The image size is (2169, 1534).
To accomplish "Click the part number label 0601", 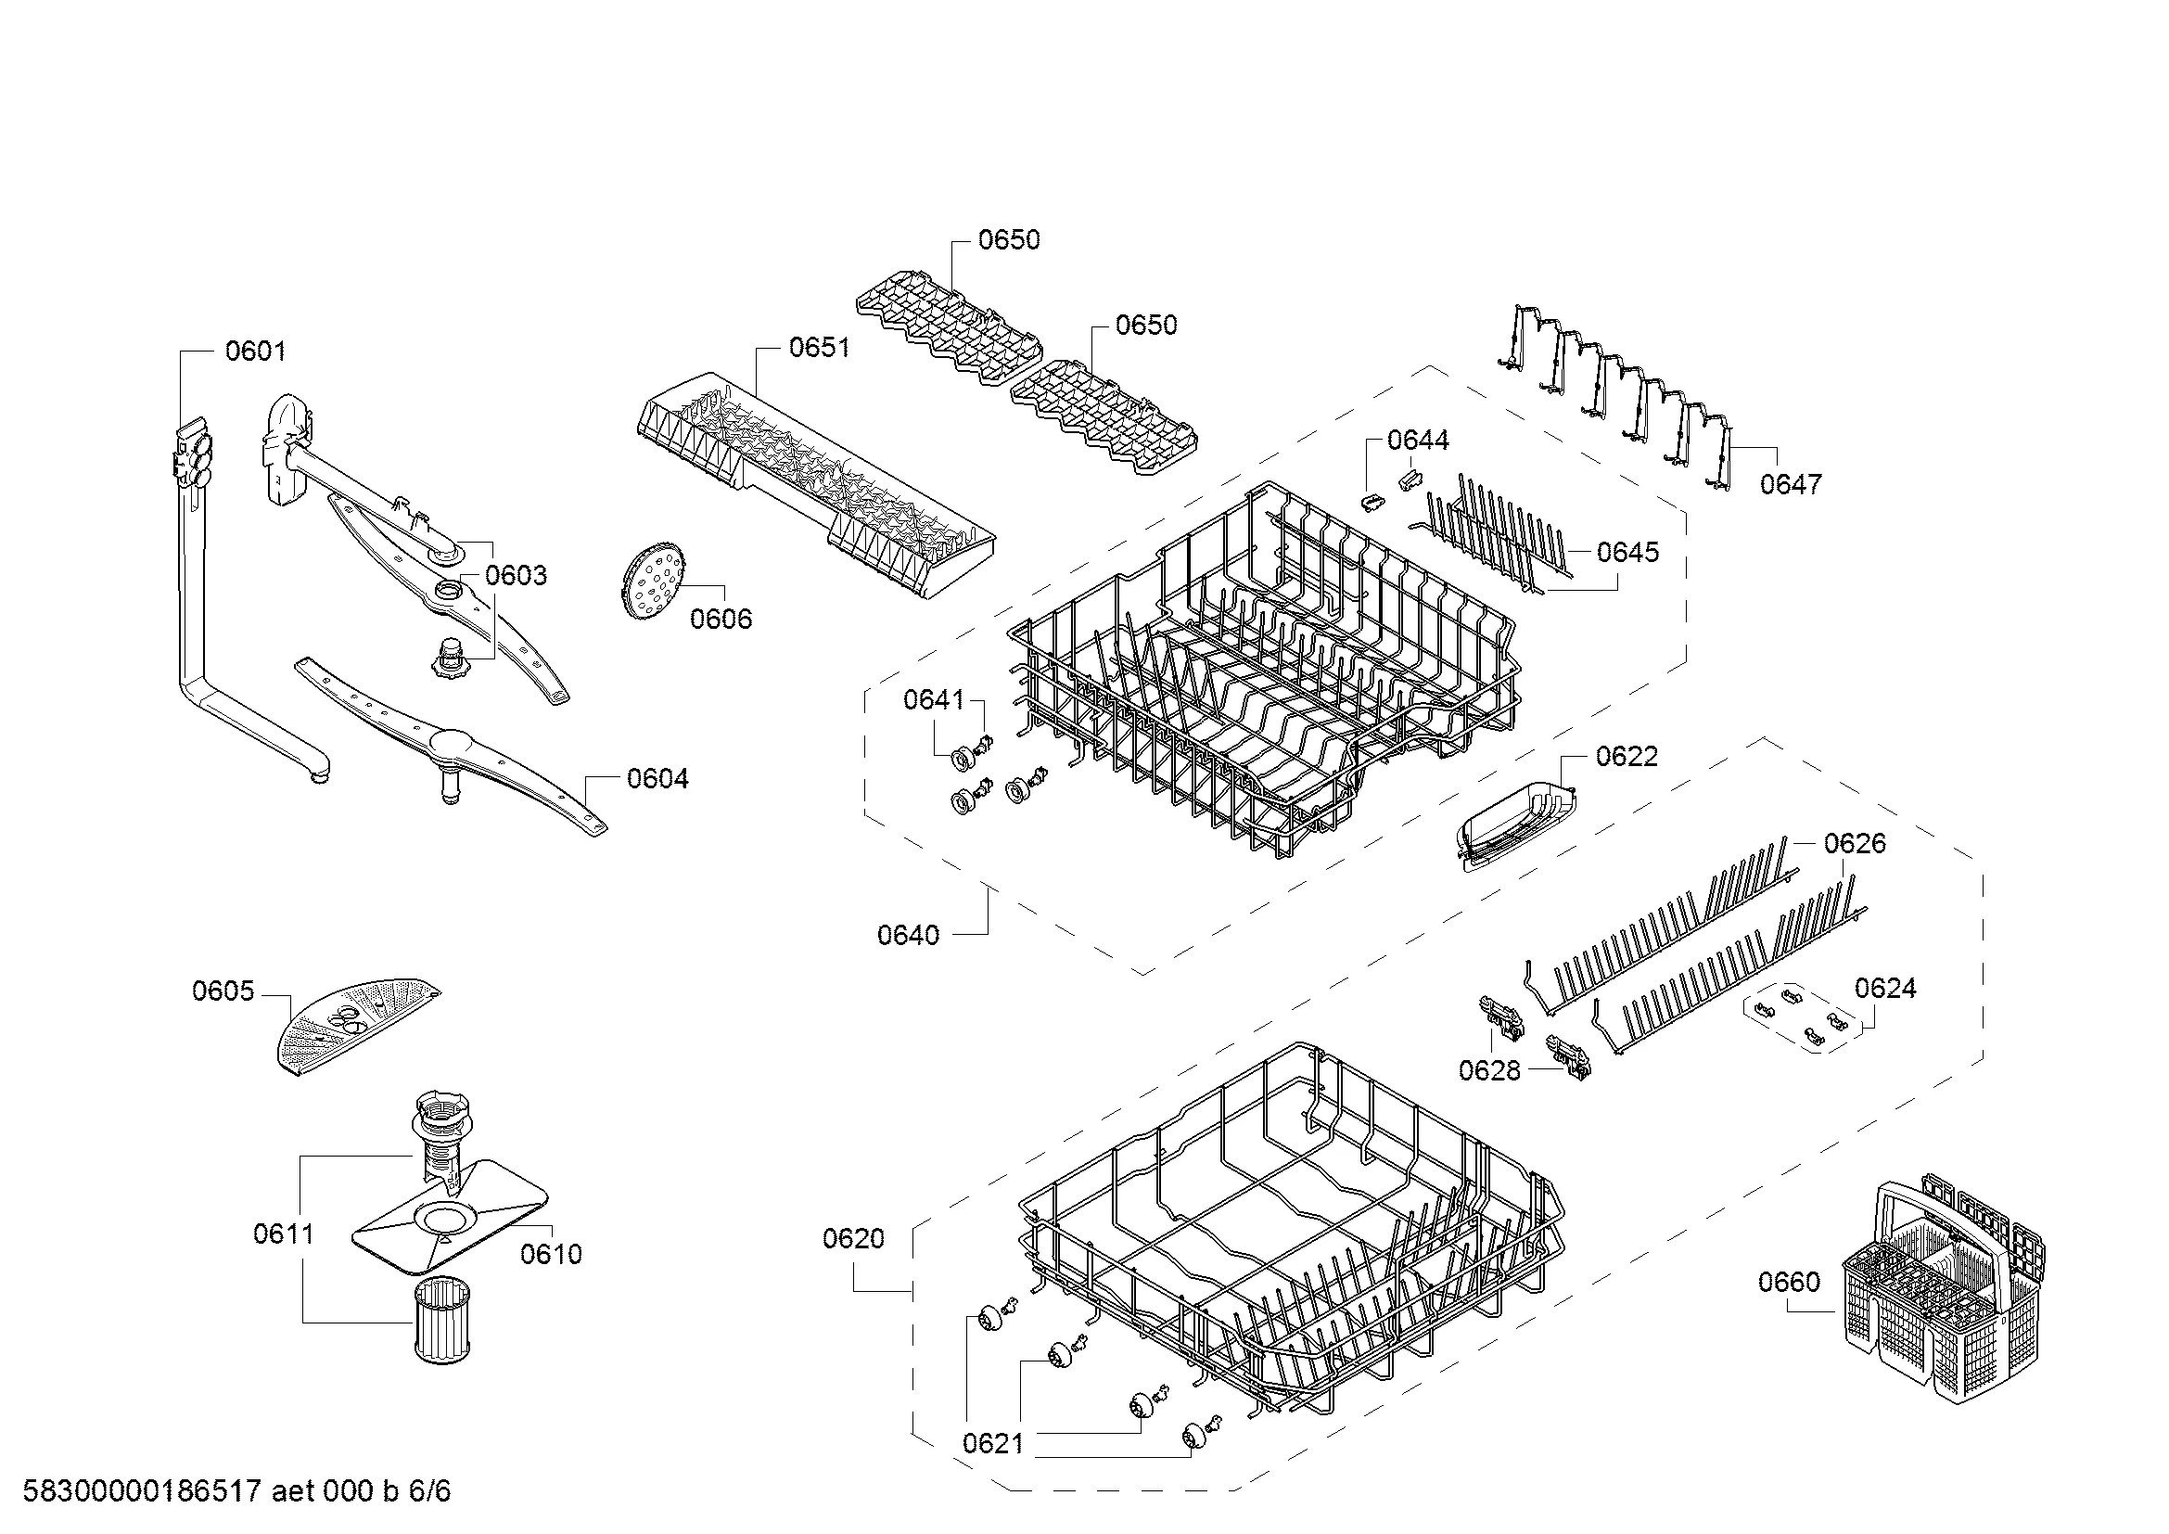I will coord(255,352).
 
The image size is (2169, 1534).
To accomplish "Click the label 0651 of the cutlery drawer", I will coord(819,348).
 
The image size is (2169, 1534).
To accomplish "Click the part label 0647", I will coord(1790,484).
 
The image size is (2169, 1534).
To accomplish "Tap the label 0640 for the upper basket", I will coord(908,935).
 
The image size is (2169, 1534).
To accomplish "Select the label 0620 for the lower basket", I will coord(853,1238).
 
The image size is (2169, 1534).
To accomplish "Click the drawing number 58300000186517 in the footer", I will coord(142,1491).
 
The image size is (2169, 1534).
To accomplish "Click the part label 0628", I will coord(1489,1070).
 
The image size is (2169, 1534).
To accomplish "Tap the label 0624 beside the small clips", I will coord(1884,988).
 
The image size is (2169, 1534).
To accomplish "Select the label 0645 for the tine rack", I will coord(1627,553).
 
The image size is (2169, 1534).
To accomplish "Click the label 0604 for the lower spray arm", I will coord(657,779).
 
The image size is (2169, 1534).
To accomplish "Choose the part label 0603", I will coord(516,575).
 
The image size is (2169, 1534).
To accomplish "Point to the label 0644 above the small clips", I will coord(1417,441).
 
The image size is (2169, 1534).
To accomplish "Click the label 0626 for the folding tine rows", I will coord(1855,843).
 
